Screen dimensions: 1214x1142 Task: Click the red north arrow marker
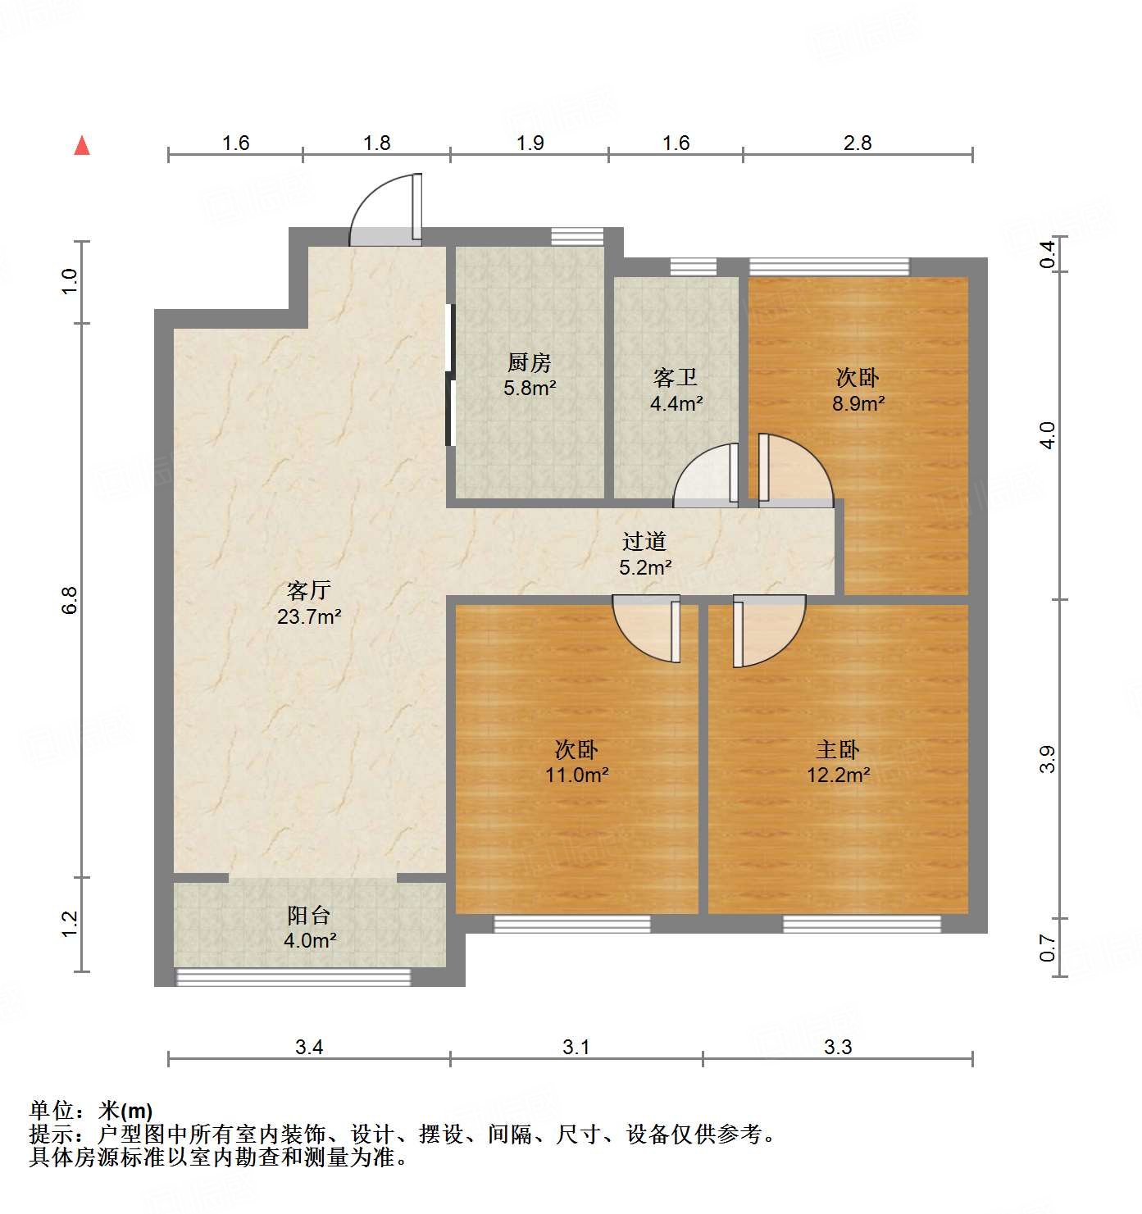point(82,146)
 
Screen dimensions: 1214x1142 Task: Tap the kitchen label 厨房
point(529,362)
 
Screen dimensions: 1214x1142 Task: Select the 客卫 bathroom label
point(676,377)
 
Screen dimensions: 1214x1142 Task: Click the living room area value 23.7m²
point(309,617)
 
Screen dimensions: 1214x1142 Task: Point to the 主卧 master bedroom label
point(838,749)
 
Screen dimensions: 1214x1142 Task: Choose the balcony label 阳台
point(309,915)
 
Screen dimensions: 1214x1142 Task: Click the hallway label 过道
point(644,541)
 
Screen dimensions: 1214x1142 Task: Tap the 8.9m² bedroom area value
point(858,403)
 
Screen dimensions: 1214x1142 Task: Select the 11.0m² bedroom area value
point(577,775)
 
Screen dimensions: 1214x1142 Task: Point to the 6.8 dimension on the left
point(70,600)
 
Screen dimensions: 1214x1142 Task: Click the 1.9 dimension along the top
point(530,143)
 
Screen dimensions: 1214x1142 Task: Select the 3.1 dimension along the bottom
point(576,1047)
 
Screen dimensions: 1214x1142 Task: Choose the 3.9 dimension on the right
point(1047,760)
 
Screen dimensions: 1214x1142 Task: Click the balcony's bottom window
point(293,976)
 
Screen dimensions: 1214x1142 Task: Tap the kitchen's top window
point(577,237)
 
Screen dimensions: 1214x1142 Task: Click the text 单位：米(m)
point(91,1111)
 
